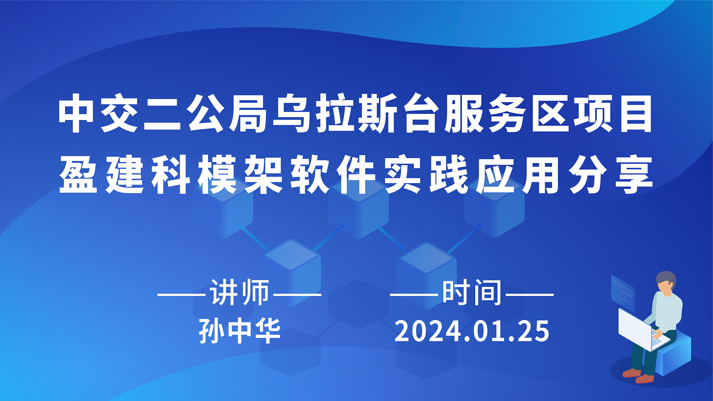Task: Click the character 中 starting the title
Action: click(x=76, y=113)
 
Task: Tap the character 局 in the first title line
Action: click(x=248, y=113)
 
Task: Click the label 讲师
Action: click(x=240, y=293)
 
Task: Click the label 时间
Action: click(x=472, y=293)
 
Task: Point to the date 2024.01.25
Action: click(x=472, y=331)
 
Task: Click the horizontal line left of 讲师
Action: click(x=182, y=295)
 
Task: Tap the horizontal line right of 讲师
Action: click(x=297, y=295)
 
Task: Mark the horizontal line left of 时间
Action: click(x=414, y=295)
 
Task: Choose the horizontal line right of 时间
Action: click(x=530, y=295)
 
